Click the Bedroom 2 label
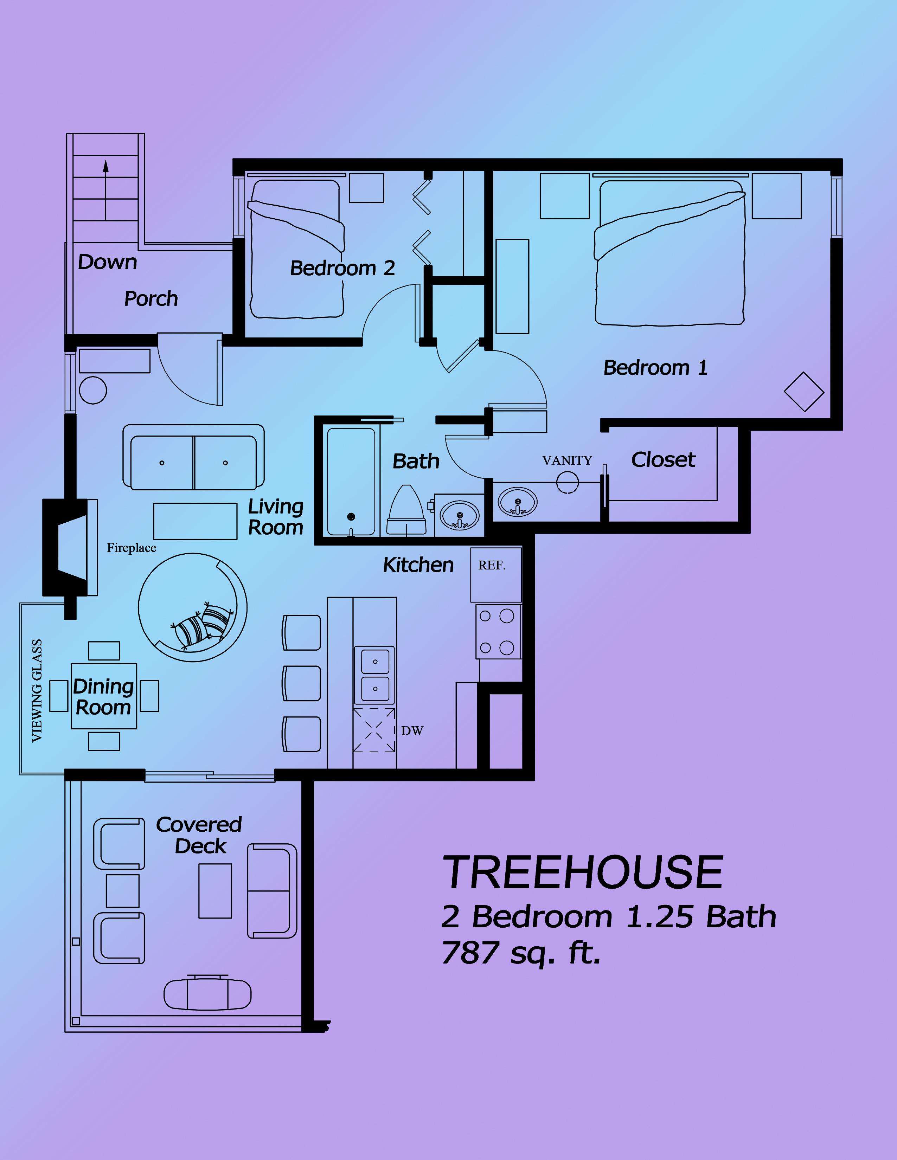[343, 268]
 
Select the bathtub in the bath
[351, 481]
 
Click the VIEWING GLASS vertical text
[37, 690]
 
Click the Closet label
[663, 459]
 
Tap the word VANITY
[567, 460]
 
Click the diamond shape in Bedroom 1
[804, 392]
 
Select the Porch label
[151, 299]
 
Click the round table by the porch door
[93, 391]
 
